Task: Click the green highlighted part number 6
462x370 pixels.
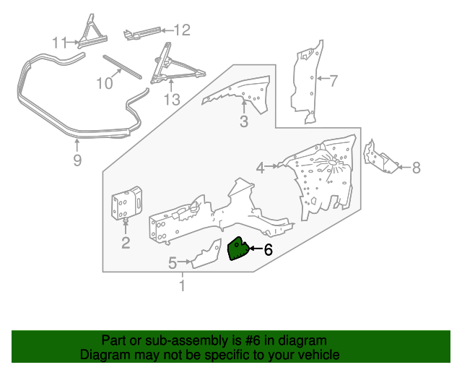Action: pos(237,250)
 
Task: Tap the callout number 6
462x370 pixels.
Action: pos(268,251)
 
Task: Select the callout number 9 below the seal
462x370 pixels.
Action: pos(78,160)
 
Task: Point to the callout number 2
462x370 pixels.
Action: pos(126,243)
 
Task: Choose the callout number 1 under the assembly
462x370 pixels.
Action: pos(182,287)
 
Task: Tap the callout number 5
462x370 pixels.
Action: pos(173,264)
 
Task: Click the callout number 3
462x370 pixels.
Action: pos(244,122)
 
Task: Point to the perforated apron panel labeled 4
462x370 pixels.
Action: pos(325,177)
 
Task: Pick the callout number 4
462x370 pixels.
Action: pos(260,168)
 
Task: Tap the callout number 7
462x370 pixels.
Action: pos(333,81)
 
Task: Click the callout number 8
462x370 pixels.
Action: pos(416,168)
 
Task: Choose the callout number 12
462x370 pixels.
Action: pos(181,30)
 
